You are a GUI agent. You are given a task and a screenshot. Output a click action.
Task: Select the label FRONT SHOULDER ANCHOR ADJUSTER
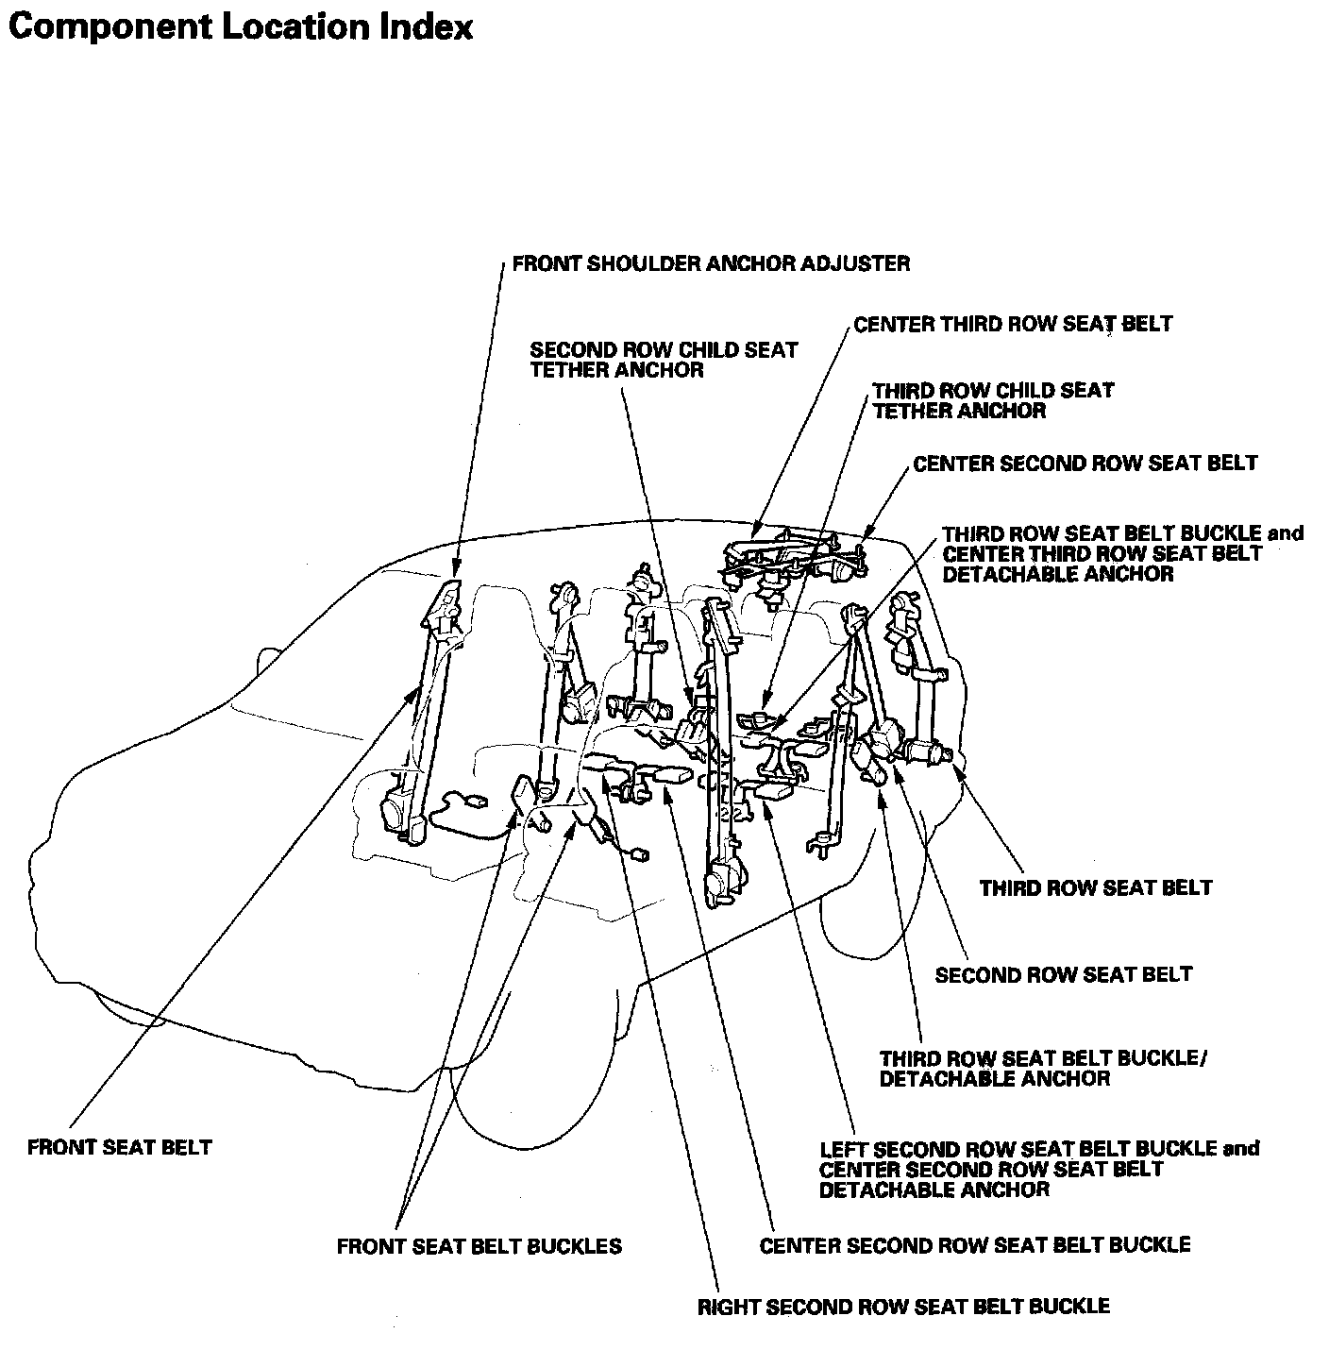click(711, 263)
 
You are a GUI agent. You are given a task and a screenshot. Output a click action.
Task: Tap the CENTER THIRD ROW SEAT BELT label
click(1013, 325)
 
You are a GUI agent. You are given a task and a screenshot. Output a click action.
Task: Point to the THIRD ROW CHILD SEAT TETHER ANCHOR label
click(992, 400)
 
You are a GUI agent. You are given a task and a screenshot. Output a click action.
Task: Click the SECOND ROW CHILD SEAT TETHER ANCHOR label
click(664, 360)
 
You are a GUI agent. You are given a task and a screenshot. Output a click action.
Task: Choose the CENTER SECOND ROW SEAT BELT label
click(1085, 464)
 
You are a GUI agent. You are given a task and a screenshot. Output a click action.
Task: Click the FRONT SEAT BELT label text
click(120, 1147)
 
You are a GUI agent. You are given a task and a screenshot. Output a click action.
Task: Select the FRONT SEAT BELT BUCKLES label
click(479, 1246)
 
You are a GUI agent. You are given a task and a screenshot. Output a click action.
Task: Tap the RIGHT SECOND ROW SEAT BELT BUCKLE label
click(903, 1307)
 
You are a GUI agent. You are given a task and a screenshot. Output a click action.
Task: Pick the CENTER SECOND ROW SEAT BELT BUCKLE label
click(975, 1245)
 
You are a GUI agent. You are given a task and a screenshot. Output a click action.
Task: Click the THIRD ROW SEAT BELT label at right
click(1096, 887)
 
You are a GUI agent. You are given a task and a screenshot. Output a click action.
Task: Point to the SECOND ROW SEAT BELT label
click(1064, 974)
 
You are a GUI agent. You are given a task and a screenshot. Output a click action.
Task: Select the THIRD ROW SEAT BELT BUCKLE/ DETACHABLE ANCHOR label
click(1043, 1068)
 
